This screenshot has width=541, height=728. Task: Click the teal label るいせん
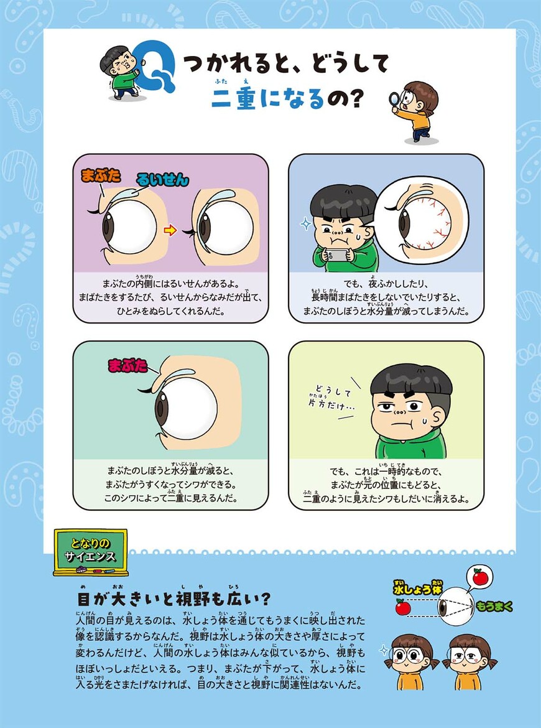[162, 180]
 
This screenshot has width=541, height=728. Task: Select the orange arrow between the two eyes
[169, 231]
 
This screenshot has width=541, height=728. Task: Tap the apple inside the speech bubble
[479, 577]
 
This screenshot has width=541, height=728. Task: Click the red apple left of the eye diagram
[402, 606]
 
